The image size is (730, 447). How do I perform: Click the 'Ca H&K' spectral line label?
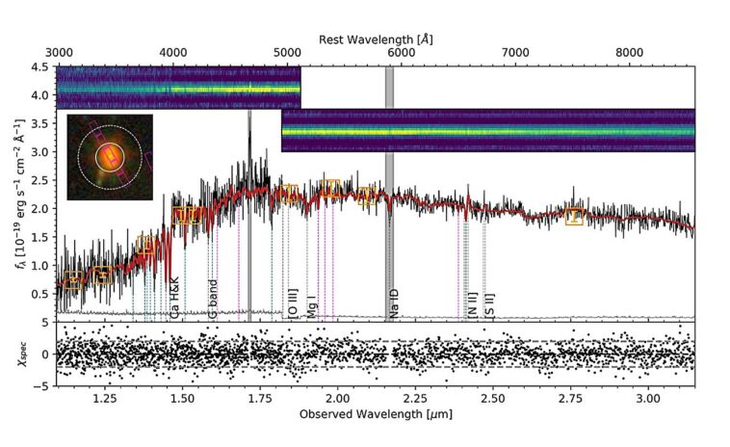pos(174,299)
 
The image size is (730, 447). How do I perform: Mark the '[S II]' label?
pos(490,304)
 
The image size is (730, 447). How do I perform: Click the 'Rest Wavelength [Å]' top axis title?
pos(376,38)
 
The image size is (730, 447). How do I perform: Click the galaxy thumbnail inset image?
pos(110,157)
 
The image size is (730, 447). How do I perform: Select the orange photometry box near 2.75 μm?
pos(575,217)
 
